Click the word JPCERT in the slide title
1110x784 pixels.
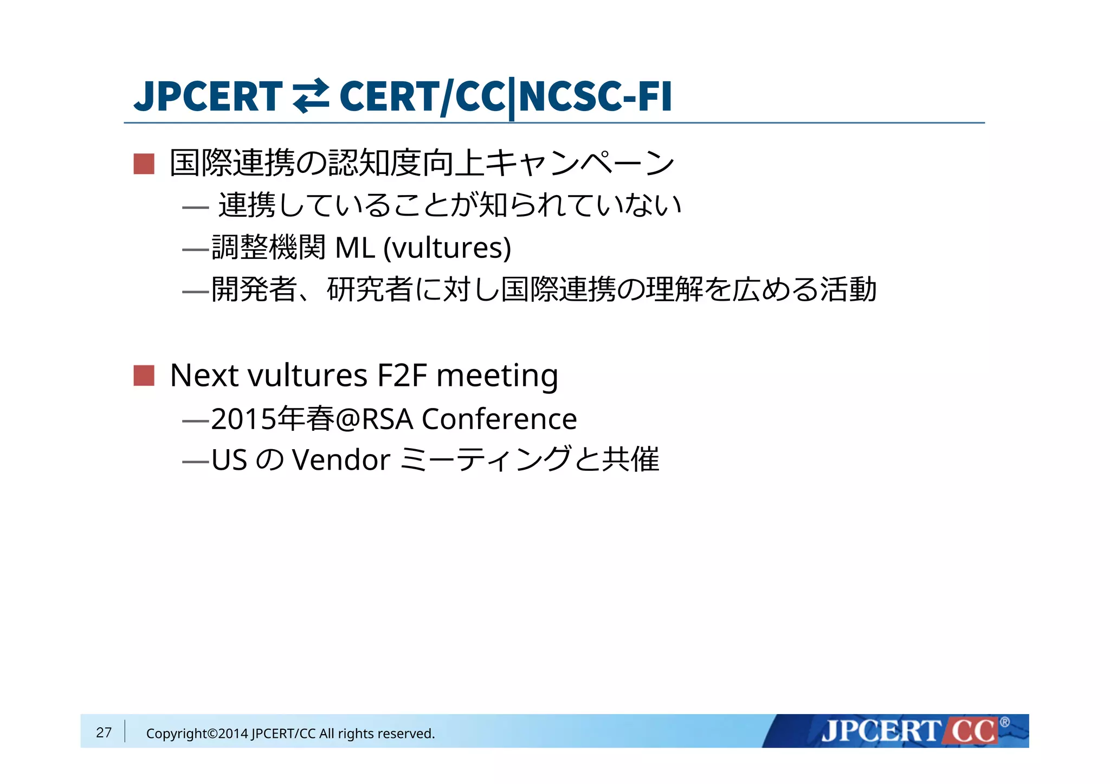coord(208,96)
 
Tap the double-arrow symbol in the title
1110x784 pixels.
coord(311,96)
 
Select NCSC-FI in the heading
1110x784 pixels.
coord(595,96)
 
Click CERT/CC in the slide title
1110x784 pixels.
coord(422,96)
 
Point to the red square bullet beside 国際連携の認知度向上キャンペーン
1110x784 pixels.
coord(144,164)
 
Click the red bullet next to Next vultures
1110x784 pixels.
coord(144,375)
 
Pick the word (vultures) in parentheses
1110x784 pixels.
coord(447,248)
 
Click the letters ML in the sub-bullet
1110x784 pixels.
coord(355,248)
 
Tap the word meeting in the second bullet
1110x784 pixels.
coord(497,375)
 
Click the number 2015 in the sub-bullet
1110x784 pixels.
coord(243,419)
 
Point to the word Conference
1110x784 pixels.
coord(499,419)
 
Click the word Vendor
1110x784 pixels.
coord(341,460)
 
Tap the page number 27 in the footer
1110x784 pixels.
coord(104,733)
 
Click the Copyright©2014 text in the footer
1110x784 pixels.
coord(197,734)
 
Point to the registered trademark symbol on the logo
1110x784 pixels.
coord(1004,722)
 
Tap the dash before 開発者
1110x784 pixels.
coord(196,292)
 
